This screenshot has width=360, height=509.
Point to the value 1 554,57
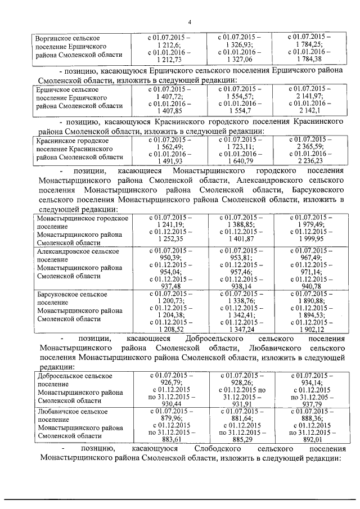click(x=238, y=97)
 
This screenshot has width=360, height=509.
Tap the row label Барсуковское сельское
click(x=71, y=294)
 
